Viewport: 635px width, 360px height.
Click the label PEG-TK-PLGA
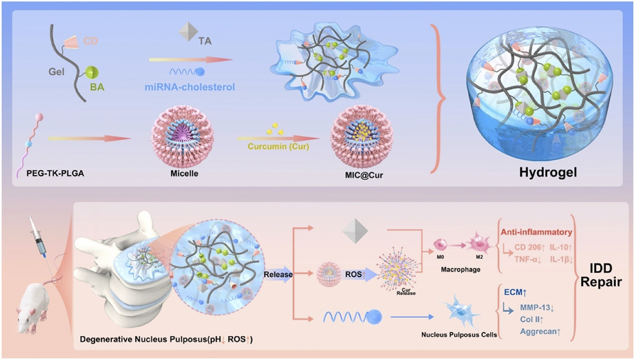tap(55, 173)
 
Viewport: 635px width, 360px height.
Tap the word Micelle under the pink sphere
tap(184, 173)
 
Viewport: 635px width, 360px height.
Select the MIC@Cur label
tap(362, 175)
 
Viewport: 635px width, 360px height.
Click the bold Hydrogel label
tap(548, 172)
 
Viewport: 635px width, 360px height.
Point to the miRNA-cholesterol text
tap(190, 87)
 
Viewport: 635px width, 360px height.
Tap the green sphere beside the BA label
tap(92, 73)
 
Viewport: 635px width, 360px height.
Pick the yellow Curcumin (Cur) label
tap(278, 147)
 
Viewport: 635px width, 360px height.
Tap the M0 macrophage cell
tap(440, 245)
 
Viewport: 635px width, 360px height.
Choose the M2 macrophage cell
tap(479, 244)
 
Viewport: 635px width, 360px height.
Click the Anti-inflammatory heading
tap(536, 232)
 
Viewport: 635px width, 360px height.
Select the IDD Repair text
tap(601, 275)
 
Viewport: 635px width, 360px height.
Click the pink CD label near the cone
tap(90, 41)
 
